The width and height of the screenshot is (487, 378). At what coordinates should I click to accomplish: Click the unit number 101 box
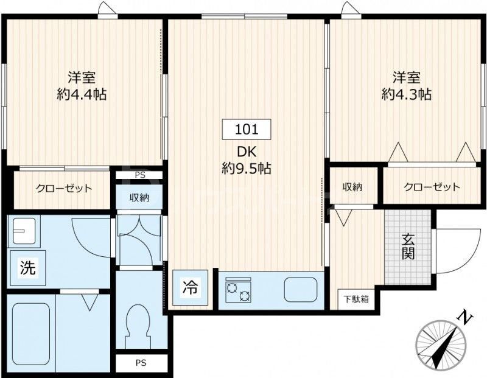[x=246, y=129]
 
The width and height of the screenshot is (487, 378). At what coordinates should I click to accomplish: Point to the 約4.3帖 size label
[x=407, y=94]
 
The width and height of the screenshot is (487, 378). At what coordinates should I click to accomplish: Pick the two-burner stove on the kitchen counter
[x=238, y=290]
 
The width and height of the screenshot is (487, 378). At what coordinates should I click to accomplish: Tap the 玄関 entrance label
[x=408, y=247]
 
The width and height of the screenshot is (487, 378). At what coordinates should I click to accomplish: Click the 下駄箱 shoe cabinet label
[x=355, y=299]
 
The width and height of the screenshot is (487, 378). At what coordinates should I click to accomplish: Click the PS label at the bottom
[x=141, y=363]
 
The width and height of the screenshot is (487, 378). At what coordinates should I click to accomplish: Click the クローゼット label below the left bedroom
[x=64, y=189]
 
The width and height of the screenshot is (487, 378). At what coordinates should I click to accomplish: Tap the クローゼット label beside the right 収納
[x=432, y=187]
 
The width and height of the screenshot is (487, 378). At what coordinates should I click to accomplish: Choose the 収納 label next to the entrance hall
[x=352, y=187]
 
